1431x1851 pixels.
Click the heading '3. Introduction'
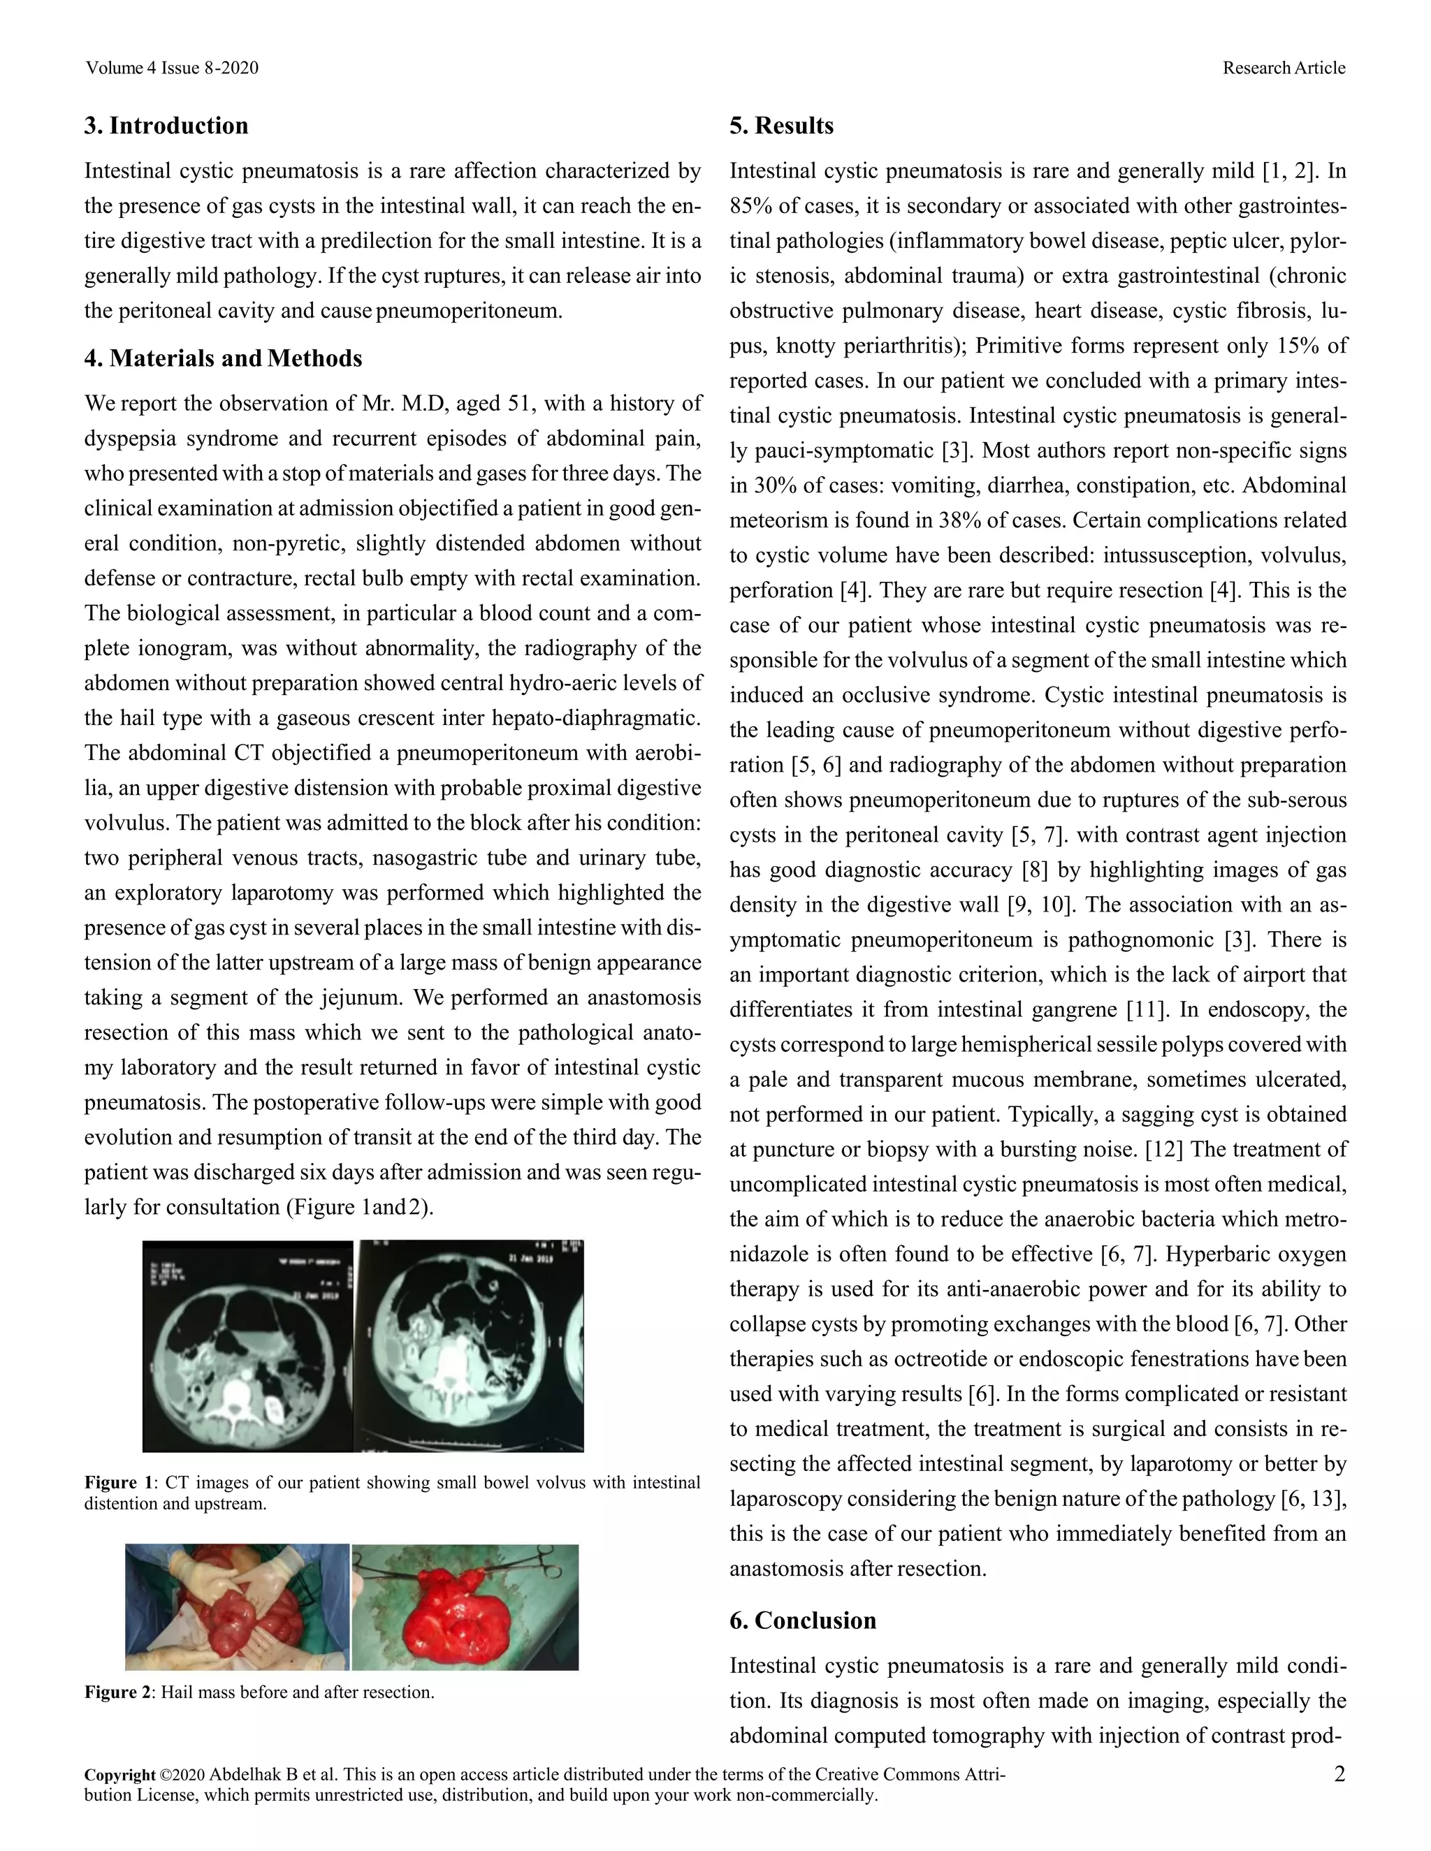tap(166, 126)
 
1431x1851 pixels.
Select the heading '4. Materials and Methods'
tap(223, 358)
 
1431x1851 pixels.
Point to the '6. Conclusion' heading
tap(802, 1620)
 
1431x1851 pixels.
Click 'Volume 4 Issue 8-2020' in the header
tap(171, 68)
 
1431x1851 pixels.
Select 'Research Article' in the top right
tap(1283, 68)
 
